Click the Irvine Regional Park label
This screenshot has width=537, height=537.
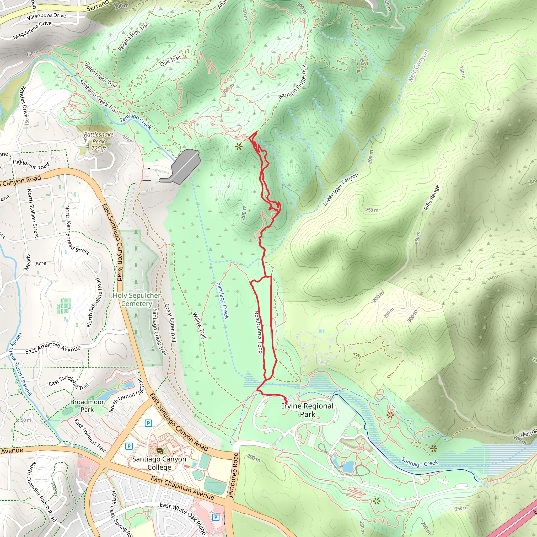pyautogui.click(x=307, y=410)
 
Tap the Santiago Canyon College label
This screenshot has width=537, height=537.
pyautogui.click(x=159, y=463)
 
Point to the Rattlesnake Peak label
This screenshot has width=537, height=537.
pyautogui.click(x=99, y=142)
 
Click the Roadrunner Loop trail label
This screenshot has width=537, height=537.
pyautogui.click(x=258, y=332)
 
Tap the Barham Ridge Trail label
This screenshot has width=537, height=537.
pyautogui.click(x=293, y=82)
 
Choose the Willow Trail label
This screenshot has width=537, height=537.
pyautogui.click(x=200, y=325)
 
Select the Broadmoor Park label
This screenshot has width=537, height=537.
pyautogui.click(x=87, y=406)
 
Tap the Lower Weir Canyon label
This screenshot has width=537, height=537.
pyautogui.click(x=341, y=189)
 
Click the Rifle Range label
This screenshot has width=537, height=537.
pyautogui.click(x=431, y=198)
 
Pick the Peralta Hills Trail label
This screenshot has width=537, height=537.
pyautogui.click(x=133, y=36)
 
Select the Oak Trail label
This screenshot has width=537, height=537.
pyautogui.click(x=170, y=61)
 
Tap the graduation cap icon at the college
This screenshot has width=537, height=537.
pyautogui.click(x=159, y=450)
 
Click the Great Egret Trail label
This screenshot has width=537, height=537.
pyautogui.click(x=170, y=323)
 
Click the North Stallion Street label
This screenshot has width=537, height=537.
pyautogui.click(x=33, y=213)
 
